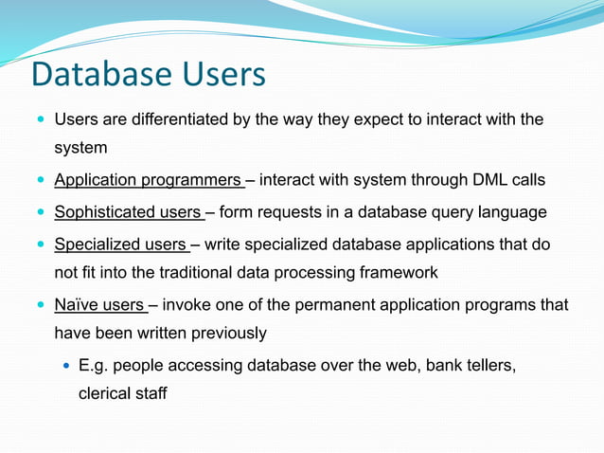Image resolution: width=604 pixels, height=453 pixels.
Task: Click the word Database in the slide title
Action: coord(102,75)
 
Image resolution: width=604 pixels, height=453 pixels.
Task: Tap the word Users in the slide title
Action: coord(225,75)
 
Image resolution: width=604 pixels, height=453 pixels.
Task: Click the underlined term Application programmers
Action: coord(148,180)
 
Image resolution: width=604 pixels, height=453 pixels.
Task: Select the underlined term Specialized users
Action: coord(120,245)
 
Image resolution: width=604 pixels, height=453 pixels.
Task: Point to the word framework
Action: coord(401,273)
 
